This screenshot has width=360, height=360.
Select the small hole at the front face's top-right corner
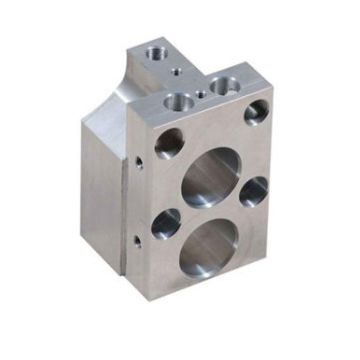pyautogui.click(x=256, y=112)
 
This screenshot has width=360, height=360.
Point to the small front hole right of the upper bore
pyautogui.click(x=254, y=190)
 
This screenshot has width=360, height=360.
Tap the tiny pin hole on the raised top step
pyautogui.click(x=177, y=71)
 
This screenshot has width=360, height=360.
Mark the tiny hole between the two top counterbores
pyautogui.click(x=204, y=92)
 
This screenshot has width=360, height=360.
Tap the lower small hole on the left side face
pyautogui.click(x=133, y=240)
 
